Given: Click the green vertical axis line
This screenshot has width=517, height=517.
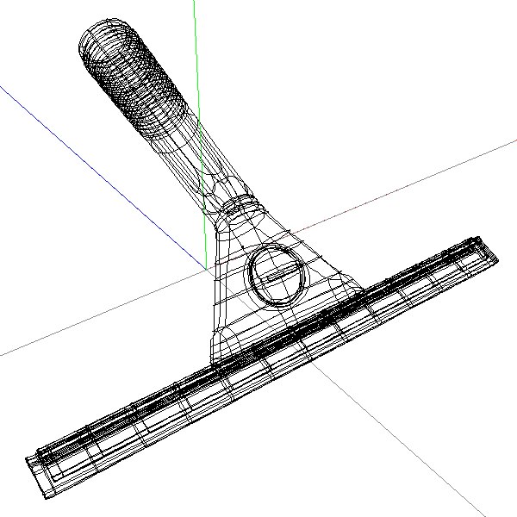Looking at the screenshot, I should coord(196,52).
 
